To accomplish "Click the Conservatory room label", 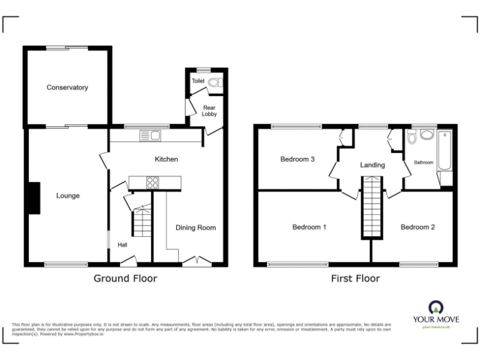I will (x=67, y=87).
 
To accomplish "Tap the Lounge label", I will (x=67, y=196).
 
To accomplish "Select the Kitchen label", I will (x=166, y=159).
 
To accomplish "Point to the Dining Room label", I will (x=195, y=227).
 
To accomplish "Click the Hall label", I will (x=123, y=244).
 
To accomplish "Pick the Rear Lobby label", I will (x=209, y=111).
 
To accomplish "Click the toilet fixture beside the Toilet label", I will (x=214, y=82).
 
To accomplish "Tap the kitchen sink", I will (x=150, y=136).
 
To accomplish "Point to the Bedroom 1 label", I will (x=309, y=227).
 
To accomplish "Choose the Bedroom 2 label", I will (x=417, y=227).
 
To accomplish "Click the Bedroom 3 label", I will (x=297, y=159).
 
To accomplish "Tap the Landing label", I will (x=372, y=165).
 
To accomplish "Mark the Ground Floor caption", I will (x=125, y=278).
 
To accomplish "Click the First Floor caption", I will (x=355, y=279).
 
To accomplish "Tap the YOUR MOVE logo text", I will (x=435, y=318).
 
